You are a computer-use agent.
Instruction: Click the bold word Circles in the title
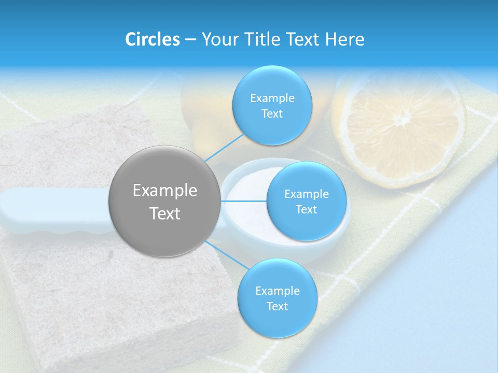[x=152, y=39]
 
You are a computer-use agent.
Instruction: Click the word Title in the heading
[x=259, y=39]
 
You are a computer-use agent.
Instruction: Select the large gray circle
[x=164, y=201]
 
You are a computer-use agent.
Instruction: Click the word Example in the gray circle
[x=164, y=190]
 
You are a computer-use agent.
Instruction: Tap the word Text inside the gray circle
[x=164, y=213]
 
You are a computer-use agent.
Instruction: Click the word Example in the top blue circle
[x=272, y=98]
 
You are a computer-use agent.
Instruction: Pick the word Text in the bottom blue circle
[x=277, y=306]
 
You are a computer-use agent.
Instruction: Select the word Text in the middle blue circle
[x=307, y=209]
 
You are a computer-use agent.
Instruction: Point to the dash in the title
[x=190, y=39]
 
